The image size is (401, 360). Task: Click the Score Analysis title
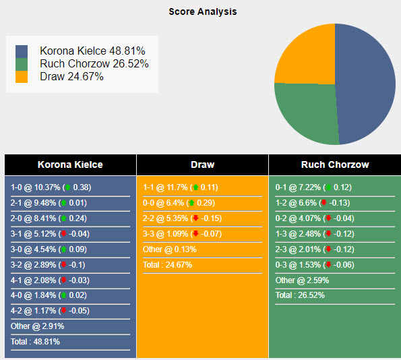click(202, 12)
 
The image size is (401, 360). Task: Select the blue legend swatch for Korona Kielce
click(22, 51)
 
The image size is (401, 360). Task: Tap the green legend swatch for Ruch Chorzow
click(22, 64)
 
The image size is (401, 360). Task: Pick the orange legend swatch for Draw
click(22, 77)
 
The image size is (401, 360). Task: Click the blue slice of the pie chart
click(367, 81)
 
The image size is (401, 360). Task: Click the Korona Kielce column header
click(70, 164)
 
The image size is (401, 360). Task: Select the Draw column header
click(202, 164)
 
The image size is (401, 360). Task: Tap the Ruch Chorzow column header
click(334, 164)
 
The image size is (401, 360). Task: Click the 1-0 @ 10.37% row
click(51, 187)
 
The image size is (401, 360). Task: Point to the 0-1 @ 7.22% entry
click(313, 187)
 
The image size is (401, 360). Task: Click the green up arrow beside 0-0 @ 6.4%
click(191, 203)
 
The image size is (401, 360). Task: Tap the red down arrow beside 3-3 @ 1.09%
click(195, 234)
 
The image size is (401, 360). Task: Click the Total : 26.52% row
click(304, 295)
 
